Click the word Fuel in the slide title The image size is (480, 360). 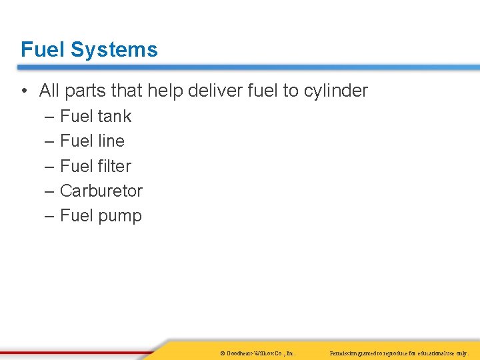pos(43,50)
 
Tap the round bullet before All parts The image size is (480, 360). pos(25,91)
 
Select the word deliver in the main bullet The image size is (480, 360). pos(215,91)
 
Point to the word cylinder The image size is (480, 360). pos(335,91)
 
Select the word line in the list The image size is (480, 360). pos(110,141)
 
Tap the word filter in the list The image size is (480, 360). pos(114,166)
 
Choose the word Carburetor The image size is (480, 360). pos(101,191)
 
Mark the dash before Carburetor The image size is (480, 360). pos(51,191)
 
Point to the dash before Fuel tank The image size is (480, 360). pos(51,117)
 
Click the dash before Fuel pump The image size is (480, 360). pos(51,216)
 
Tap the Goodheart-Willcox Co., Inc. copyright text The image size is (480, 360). pos(257,352)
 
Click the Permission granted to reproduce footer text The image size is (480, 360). pos(399,352)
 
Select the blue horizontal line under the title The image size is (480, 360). pos(247,67)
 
